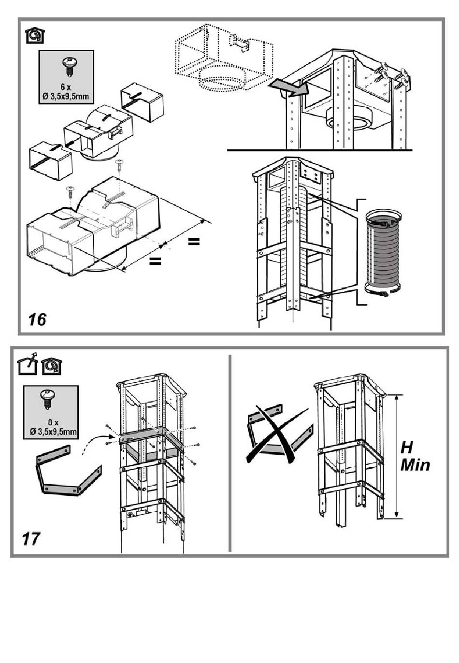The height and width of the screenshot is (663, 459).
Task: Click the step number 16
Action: (38, 319)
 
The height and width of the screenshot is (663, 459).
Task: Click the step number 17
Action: (31, 538)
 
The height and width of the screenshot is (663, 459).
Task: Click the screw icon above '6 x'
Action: (68, 66)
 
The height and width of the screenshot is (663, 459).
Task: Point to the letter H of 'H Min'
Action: (408, 447)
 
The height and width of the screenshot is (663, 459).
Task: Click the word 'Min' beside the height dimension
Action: (415, 465)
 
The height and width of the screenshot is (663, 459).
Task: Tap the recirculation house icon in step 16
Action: (35, 36)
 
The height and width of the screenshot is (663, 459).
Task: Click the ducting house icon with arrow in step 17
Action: (27, 366)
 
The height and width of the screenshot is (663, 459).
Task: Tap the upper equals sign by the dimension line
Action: (194, 241)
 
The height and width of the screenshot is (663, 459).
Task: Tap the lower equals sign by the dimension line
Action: (155, 261)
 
